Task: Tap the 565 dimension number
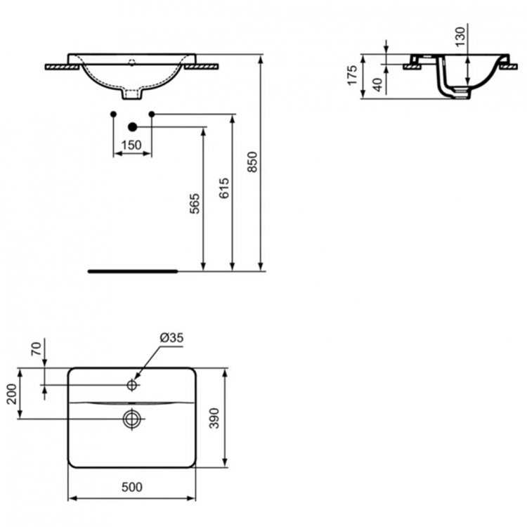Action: pyautogui.click(x=196, y=204)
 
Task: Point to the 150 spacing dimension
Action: pyautogui.click(x=132, y=145)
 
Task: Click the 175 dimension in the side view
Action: pyautogui.click(x=353, y=76)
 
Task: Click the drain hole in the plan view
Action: pyautogui.click(x=131, y=419)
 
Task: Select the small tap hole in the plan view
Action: pyautogui.click(x=132, y=385)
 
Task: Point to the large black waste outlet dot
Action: pyautogui.click(x=131, y=127)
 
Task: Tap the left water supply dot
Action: pyautogui.click(x=113, y=114)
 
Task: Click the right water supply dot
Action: pyautogui.click(x=151, y=114)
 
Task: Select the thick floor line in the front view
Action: pyautogui.click(x=134, y=270)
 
